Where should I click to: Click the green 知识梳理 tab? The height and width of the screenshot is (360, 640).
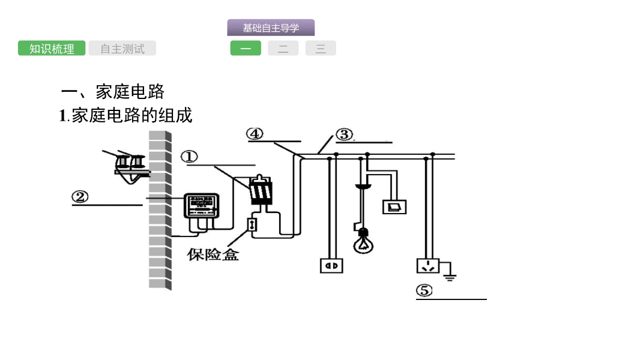(52, 49)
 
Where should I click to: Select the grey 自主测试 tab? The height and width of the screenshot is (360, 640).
(122, 49)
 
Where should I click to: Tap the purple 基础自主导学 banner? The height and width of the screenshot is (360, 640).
(271, 28)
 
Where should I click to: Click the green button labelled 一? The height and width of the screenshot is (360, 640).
(246, 49)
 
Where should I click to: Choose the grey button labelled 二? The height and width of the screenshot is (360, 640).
(283, 49)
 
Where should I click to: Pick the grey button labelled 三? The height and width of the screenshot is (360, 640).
(321, 49)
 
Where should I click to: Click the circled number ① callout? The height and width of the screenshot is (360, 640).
(189, 157)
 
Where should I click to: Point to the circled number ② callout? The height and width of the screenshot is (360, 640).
(80, 196)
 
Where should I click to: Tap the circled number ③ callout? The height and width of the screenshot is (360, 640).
(344, 134)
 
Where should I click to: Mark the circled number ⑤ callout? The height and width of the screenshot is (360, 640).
(424, 291)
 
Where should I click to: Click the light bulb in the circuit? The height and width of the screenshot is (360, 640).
(361, 243)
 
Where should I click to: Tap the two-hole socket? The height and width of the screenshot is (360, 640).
(331, 264)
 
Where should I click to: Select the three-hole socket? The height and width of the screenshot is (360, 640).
(428, 265)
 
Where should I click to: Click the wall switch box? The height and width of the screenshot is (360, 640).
(394, 206)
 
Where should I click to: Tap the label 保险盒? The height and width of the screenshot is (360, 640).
(213, 254)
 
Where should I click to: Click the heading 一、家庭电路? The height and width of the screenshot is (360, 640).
(112, 92)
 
